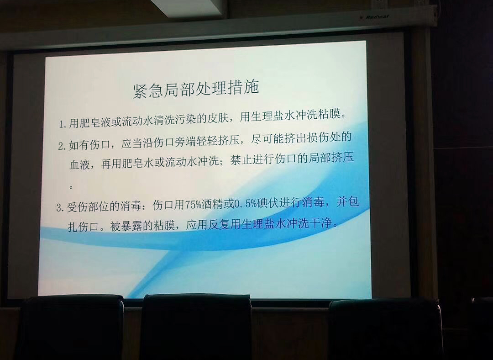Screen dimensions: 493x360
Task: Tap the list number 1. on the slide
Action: click(x=62, y=124)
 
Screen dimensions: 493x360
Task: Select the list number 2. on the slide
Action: click(x=62, y=146)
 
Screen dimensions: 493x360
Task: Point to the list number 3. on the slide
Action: click(x=60, y=208)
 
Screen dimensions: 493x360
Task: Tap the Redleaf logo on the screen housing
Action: click(x=376, y=17)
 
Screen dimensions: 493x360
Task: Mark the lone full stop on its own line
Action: click(x=71, y=187)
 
